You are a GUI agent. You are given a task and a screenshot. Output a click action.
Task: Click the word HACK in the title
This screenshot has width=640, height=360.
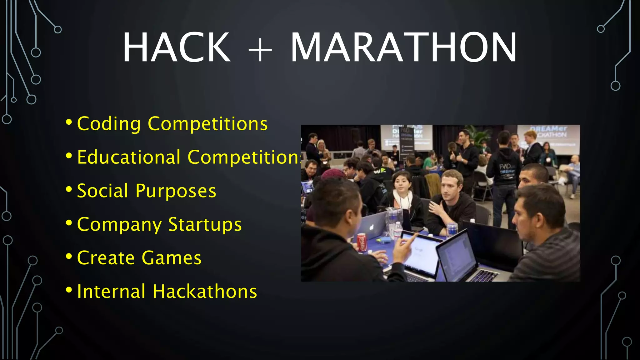(177, 47)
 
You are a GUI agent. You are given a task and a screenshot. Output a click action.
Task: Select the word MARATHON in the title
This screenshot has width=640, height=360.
(403, 47)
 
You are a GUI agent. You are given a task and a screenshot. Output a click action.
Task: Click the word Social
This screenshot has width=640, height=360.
(102, 191)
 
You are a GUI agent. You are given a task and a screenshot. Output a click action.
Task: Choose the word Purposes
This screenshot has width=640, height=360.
(176, 191)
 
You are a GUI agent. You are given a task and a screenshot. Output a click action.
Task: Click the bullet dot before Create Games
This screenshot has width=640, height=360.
(69, 257)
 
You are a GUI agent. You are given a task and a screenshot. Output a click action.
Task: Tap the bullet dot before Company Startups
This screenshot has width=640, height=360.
(69, 223)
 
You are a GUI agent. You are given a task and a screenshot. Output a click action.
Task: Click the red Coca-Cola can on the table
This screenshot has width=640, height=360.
(362, 242)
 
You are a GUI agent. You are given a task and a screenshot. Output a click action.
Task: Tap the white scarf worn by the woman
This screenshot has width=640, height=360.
(403, 200)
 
